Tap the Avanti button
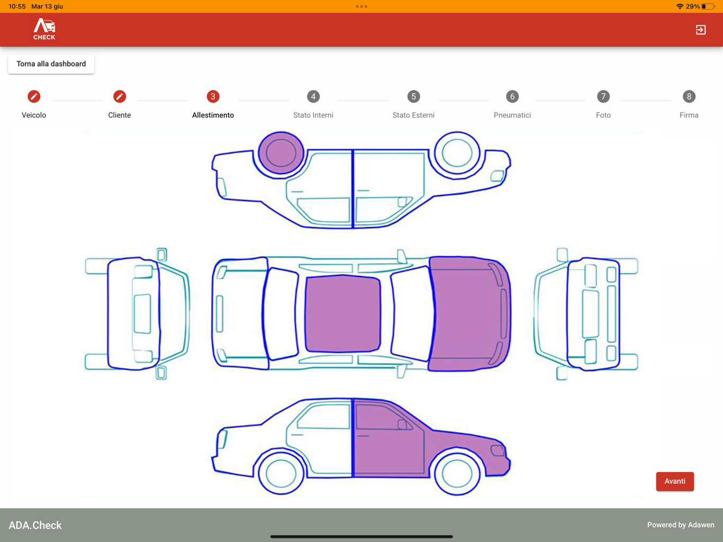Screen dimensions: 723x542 point(675,481)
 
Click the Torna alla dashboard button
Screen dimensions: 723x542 point(51,64)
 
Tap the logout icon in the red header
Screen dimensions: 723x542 point(700,30)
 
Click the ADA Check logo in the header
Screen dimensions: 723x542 point(44,29)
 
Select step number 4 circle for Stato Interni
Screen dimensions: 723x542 point(313,96)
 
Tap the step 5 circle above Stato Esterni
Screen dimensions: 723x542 point(413,96)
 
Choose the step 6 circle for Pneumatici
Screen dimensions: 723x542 point(512,96)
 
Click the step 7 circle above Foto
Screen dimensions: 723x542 point(603,96)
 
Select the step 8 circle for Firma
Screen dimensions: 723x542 point(689,96)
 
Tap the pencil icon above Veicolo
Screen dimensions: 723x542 point(34,96)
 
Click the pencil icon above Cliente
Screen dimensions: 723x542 point(120,96)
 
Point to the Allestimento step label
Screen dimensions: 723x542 point(213,115)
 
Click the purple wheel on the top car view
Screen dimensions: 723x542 point(281,153)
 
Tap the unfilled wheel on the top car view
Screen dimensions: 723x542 point(457,153)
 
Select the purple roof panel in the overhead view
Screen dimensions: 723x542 point(342,313)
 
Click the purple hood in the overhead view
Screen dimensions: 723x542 point(469,313)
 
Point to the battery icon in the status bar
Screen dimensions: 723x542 point(708,6)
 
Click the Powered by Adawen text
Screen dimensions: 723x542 point(681,525)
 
